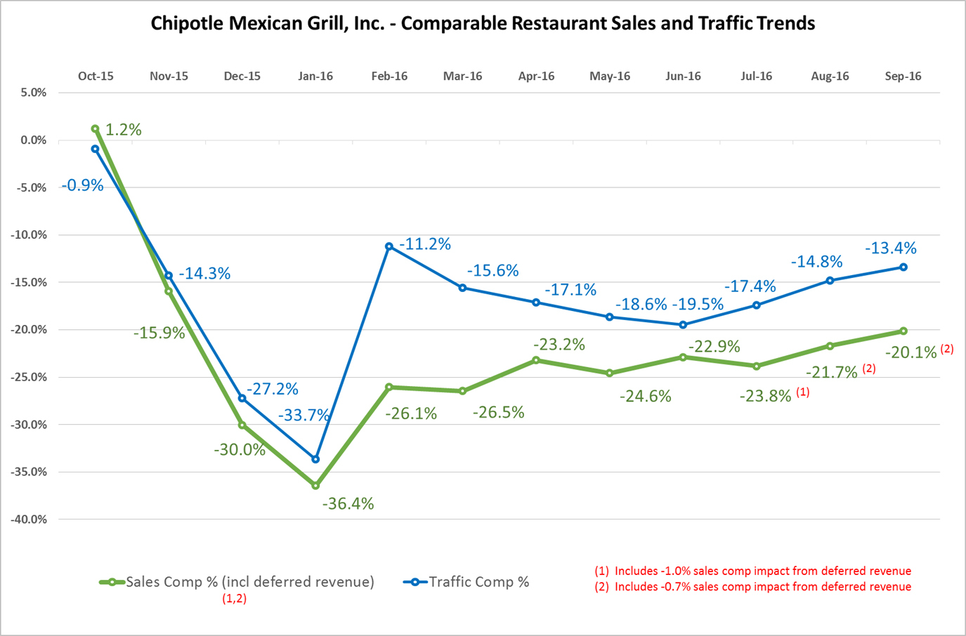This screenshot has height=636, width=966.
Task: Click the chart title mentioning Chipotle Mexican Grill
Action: coord(483,23)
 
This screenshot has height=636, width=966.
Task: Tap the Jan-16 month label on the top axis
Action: coord(315,77)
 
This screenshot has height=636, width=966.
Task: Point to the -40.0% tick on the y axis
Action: coord(29,519)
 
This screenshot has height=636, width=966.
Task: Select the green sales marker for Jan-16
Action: coord(315,486)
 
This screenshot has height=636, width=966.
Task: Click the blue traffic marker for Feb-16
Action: coord(389,246)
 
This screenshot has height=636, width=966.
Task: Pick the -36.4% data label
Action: coord(348,503)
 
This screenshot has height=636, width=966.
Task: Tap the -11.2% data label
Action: coord(425,244)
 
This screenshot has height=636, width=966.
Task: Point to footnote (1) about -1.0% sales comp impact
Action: coord(752,571)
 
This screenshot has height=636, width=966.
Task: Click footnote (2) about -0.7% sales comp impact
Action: coord(752,587)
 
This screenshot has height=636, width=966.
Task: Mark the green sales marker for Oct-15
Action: coord(95,129)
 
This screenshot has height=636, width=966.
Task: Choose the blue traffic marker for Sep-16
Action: coord(903,267)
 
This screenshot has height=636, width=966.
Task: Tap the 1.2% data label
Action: coord(123,130)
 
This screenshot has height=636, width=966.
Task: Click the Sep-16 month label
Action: coord(903,77)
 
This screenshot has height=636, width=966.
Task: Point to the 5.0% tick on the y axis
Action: coord(33,93)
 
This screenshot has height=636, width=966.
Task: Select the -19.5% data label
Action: coord(698,304)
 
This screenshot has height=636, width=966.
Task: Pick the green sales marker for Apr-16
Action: coord(536,360)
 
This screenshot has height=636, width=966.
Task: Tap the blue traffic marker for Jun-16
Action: coord(683,325)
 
